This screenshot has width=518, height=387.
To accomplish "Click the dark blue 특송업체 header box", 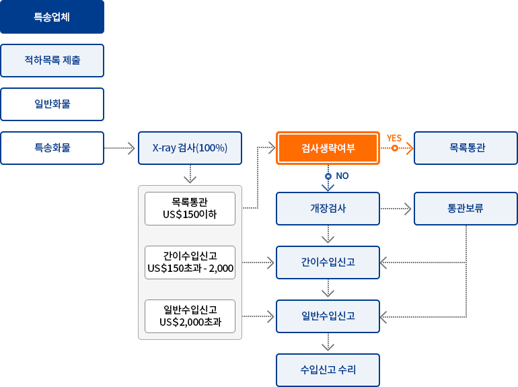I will point(52,17).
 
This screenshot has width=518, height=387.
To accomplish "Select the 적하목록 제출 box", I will point(52,61).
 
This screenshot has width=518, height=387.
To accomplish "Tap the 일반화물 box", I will point(52,104).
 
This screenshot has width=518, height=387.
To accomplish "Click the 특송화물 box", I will point(52,148).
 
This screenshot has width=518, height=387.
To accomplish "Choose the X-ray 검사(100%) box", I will point(190,148).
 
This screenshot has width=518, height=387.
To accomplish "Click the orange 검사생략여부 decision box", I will point(328,148).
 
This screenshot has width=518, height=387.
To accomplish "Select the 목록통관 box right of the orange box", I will point(466,148).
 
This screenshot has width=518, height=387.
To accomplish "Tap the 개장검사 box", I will point(328,209).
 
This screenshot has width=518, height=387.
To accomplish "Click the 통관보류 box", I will point(466,209).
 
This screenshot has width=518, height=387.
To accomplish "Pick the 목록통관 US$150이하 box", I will point(190,209).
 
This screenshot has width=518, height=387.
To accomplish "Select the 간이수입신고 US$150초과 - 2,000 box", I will point(190,262).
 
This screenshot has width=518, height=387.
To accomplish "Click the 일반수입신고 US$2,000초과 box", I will point(190,316).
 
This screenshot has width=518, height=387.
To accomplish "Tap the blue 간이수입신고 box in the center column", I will point(328,262).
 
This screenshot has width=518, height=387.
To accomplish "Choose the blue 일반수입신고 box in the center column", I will point(328,316).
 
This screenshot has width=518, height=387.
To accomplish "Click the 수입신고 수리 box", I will point(328,370).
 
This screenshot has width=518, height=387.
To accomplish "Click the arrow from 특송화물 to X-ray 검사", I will point(121,148).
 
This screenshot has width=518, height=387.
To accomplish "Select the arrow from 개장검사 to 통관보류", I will point(396,209).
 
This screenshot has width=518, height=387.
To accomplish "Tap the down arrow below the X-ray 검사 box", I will point(190,174).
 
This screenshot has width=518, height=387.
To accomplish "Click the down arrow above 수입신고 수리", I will point(328,343).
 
